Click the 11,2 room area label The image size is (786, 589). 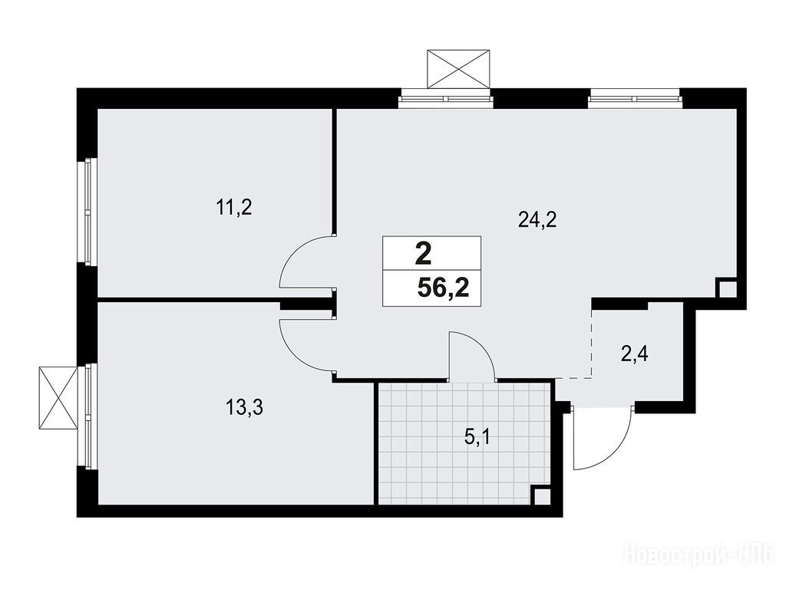[233, 206]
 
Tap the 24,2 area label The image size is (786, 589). [537, 219]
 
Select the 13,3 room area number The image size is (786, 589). [245, 408]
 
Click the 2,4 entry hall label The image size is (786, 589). [635, 354]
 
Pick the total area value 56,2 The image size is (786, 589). [443, 288]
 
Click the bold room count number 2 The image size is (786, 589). [424, 254]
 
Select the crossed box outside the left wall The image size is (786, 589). [58, 398]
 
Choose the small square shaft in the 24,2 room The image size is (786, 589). [726, 288]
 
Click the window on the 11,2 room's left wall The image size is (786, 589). [88, 212]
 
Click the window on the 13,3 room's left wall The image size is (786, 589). [88, 416]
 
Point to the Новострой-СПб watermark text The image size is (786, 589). [698, 554]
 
